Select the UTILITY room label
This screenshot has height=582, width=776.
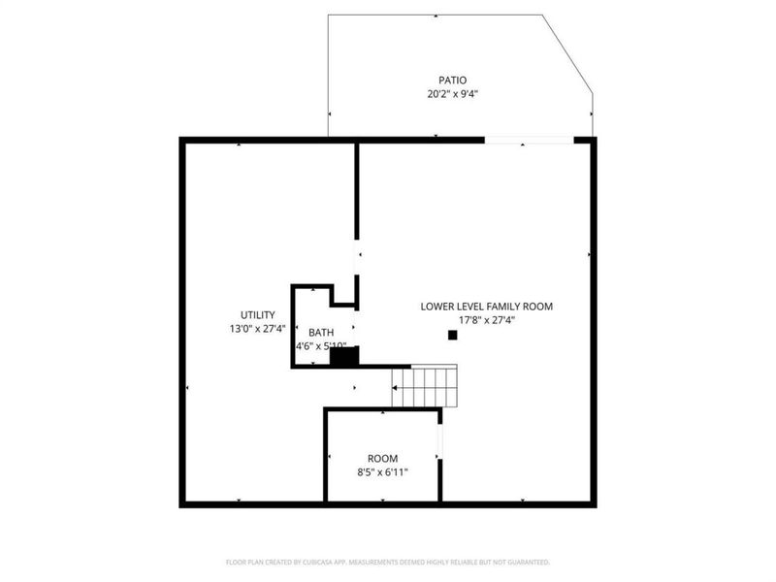click(258, 314)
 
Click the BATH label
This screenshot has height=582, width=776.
click(321, 332)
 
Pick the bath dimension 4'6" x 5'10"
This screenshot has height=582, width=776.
click(321, 344)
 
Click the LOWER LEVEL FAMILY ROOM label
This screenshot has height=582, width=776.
click(486, 307)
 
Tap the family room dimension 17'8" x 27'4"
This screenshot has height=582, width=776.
click(486, 320)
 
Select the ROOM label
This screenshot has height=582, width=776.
click(382, 458)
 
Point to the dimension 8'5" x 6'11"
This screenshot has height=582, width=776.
click(382, 472)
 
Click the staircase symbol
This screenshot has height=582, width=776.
click(424, 387)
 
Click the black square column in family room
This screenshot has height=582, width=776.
click(452, 336)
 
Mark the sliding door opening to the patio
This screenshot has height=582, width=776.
click(529, 141)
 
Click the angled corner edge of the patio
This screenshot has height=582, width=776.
click(566, 54)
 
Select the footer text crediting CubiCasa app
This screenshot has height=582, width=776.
click(388, 562)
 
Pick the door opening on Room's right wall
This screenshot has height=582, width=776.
click(440, 441)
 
